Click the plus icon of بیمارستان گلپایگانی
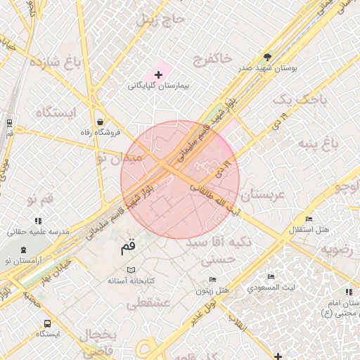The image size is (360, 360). click(x=159, y=74)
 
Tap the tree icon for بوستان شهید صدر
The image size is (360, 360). click(x=267, y=57)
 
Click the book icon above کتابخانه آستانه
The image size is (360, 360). click(x=131, y=270)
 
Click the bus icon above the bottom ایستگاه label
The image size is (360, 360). click(x=47, y=324)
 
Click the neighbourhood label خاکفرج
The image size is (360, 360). click(x=212, y=59)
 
